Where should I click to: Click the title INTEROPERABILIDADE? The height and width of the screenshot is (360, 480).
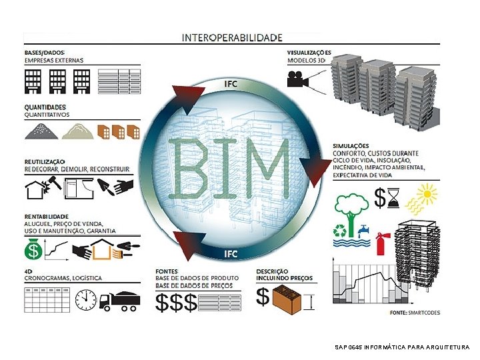(x=231, y=38)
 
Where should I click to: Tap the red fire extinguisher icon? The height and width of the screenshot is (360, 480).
(x=382, y=243)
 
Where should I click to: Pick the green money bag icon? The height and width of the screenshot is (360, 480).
(x=33, y=251)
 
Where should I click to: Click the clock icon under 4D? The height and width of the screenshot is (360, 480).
(x=86, y=301)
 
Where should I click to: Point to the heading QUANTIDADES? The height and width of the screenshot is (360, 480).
(x=45, y=107)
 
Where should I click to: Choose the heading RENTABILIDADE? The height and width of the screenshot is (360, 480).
(x=47, y=216)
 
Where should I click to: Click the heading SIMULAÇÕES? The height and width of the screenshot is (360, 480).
(x=351, y=145)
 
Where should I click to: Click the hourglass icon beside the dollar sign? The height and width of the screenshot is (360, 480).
(x=393, y=197)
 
